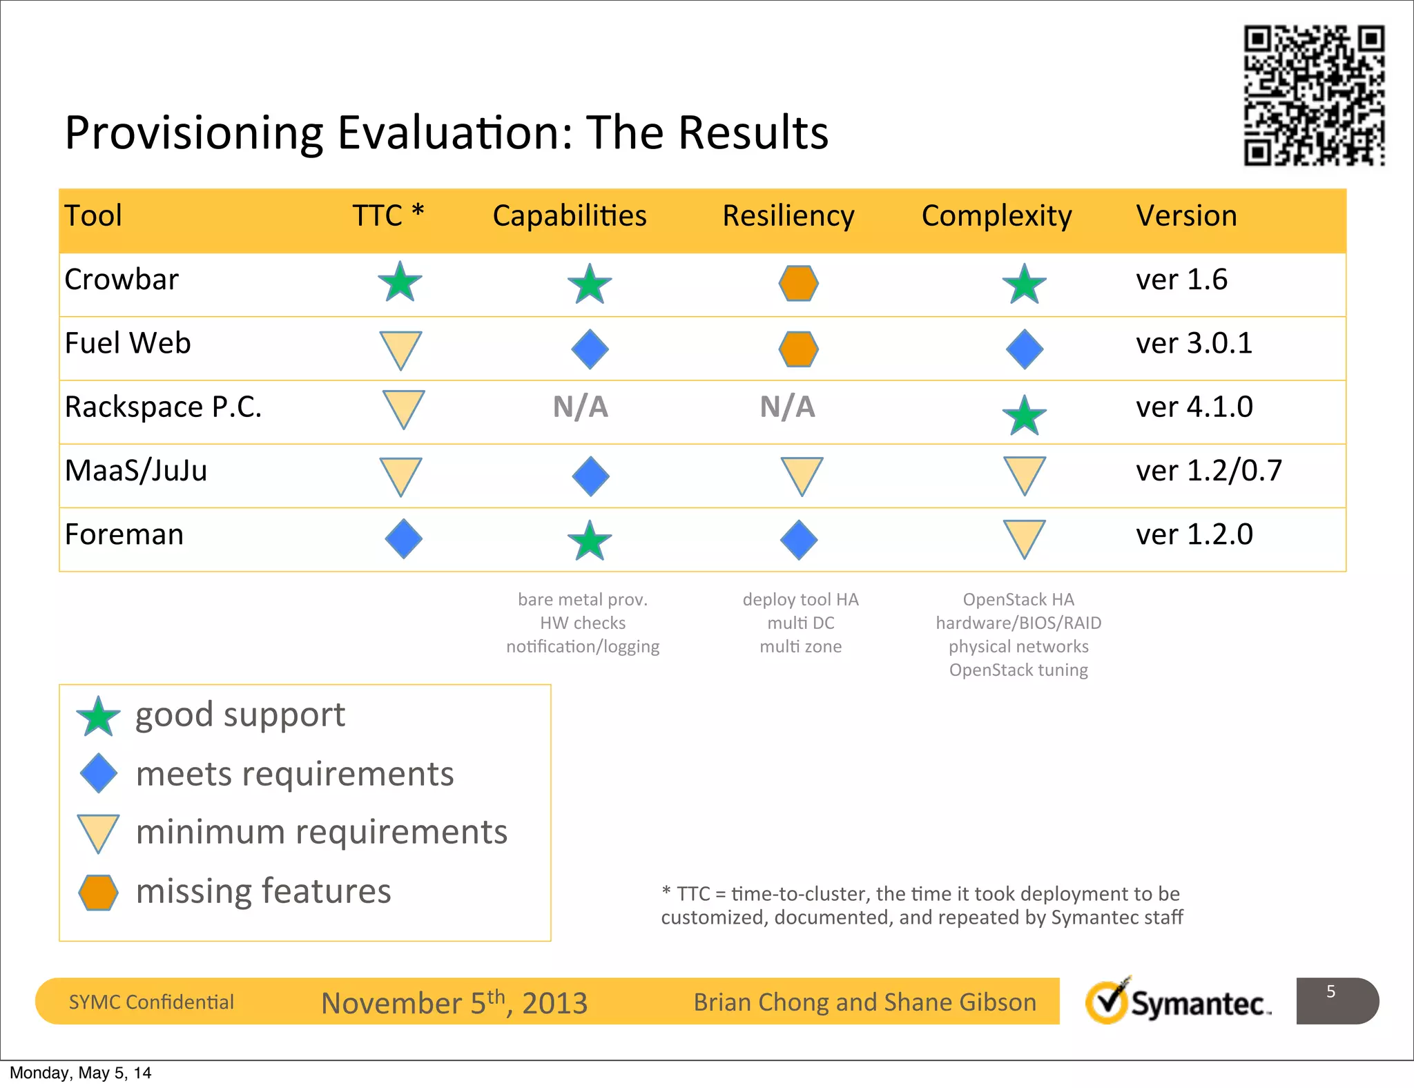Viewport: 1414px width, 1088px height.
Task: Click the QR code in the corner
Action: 1314,96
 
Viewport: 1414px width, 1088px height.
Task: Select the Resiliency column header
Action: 788,216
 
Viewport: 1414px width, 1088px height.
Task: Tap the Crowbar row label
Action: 122,280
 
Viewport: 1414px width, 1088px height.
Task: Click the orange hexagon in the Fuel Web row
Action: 799,349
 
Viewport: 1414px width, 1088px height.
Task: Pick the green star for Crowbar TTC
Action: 400,282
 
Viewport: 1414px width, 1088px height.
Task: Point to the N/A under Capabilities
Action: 580,407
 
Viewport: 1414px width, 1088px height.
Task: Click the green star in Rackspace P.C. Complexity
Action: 1024,416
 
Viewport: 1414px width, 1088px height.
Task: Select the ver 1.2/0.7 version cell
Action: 1209,471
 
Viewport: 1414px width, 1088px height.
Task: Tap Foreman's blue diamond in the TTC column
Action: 403,539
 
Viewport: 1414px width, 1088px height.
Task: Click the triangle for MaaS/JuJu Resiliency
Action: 802,475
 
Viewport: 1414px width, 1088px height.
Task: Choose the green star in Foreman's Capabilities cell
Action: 590,541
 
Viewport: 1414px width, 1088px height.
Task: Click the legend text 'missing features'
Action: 263,891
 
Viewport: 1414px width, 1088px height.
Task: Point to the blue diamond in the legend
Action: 99,773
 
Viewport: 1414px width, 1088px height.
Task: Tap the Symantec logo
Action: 1178,1002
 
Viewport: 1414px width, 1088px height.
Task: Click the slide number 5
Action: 1330,992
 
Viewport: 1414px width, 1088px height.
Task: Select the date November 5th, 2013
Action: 454,1002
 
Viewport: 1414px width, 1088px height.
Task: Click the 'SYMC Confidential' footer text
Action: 151,1002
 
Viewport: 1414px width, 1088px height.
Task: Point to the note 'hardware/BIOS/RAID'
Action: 1018,623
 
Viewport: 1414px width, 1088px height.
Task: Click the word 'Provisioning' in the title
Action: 194,133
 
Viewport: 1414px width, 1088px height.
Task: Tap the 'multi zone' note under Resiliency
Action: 800,646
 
